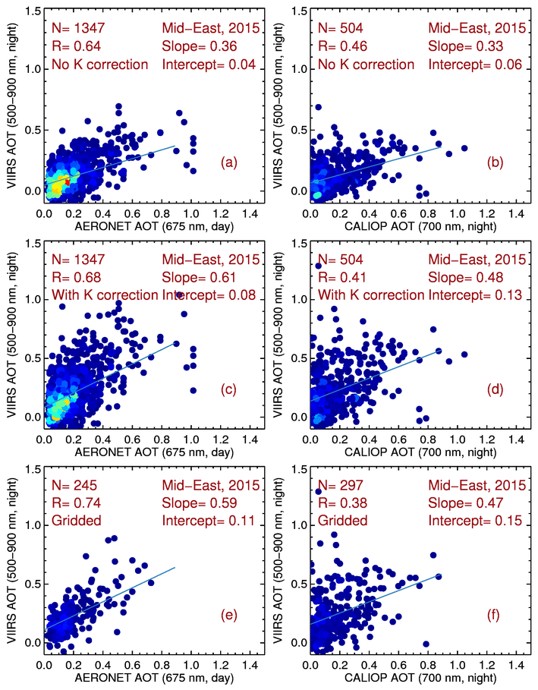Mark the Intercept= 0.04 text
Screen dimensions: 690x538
coord(209,65)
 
